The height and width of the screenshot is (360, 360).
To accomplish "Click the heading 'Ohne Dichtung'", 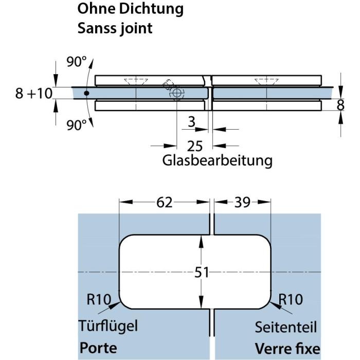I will (x=130, y=9).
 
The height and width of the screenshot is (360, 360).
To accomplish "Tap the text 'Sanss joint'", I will (x=115, y=28).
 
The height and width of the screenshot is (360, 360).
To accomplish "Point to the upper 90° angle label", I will (x=77, y=62).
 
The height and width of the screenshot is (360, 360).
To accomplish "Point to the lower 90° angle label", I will (x=77, y=125).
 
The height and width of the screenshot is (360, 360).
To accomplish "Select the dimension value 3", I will (x=192, y=122).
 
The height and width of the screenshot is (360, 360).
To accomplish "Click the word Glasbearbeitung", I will (x=217, y=160).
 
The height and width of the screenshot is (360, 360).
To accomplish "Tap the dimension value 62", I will (x=165, y=203).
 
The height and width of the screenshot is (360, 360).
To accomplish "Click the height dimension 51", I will (x=202, y=272).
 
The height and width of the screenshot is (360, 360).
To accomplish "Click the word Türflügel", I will (x=109, y=326).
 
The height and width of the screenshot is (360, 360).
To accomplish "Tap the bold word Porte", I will (x=98, y=348).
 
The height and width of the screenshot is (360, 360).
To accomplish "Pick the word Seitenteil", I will (x=286, y=327).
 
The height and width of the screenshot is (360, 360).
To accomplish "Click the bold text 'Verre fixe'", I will (x=287, y=348).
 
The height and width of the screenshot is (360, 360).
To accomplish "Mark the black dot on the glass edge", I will (x=87, y=94).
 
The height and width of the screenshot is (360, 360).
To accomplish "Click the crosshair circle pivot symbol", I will (x=177, y=94).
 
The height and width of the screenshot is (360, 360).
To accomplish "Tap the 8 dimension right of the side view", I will (x=340, y=104).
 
